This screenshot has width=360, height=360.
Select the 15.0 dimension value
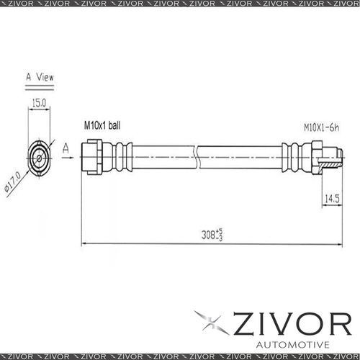coord(39,104)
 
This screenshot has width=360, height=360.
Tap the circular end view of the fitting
coord(38,156)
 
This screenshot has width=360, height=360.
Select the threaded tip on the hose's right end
coord(330,156)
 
